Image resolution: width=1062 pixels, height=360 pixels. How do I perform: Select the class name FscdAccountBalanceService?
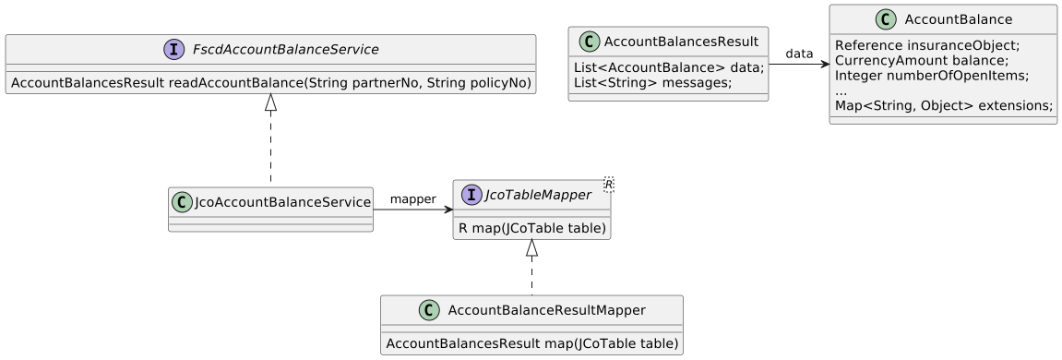(x=281, y=49)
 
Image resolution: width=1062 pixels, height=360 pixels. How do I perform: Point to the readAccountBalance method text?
(x=270, y=83)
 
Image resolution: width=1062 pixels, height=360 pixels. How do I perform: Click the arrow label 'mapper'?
(x=412, y=198)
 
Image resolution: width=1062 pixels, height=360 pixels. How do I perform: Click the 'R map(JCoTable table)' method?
(x=531, y=228)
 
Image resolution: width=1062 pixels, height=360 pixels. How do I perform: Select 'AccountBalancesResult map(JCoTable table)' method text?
(x=531, y=343)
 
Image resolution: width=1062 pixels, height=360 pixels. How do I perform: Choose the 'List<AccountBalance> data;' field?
(x=668, y=67)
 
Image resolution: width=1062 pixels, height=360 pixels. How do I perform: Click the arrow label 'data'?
(x=799, y=54)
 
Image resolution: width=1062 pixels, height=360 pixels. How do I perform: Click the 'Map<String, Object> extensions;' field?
(x=943, y=106)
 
